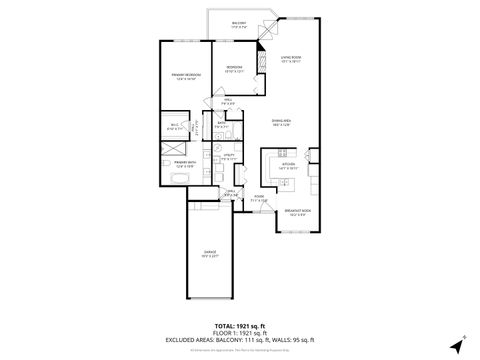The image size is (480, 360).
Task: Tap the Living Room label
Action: coord(291,58)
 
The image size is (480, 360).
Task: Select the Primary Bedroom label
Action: coord(183,78)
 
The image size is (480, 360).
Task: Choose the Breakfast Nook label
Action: coord(296,212)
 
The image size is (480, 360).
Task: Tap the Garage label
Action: coord(208,253)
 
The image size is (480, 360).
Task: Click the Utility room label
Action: coord(229,158)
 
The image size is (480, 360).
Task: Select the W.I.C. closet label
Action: coord(173,127)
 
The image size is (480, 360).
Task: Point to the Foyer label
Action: coord(258,198)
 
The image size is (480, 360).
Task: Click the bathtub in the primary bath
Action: coord(181,179)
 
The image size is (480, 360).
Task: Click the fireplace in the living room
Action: coord(264,59)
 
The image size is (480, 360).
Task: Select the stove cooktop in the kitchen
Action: coord(311,164)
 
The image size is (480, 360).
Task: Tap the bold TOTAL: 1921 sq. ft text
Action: coord(239,325)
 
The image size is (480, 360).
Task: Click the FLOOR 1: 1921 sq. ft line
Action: coord(239,332)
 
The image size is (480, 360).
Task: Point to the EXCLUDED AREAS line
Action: coord(239,340)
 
